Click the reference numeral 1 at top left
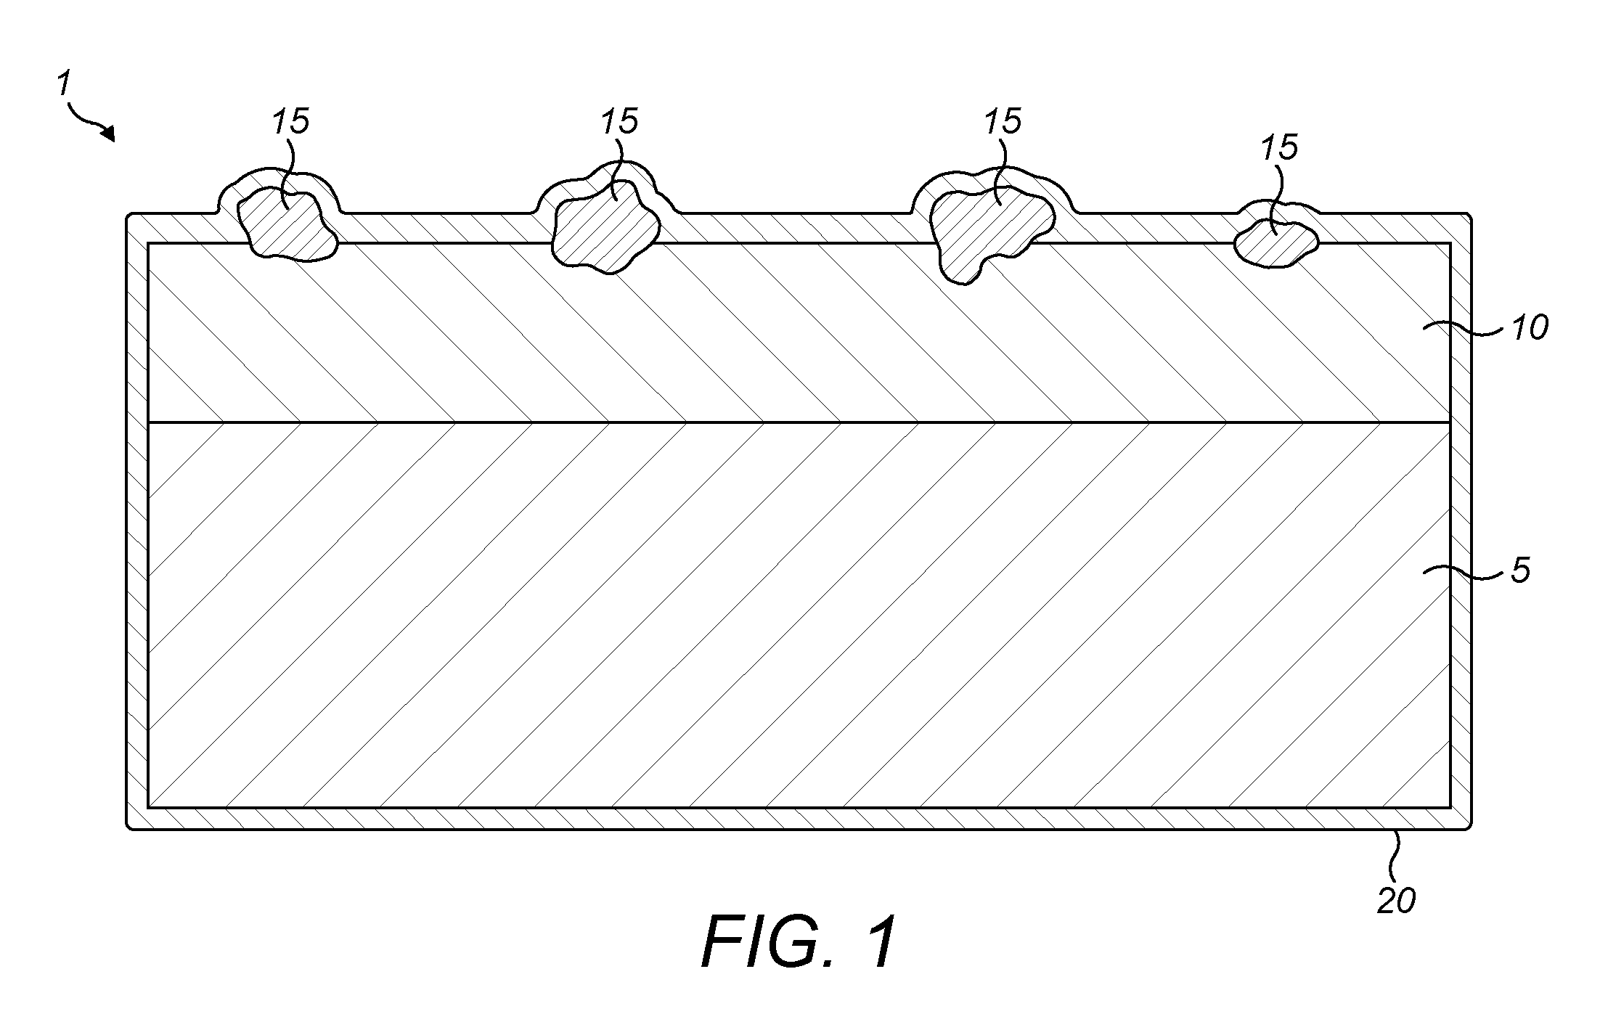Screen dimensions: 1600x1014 64,84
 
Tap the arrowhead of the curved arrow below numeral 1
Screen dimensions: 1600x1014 109,134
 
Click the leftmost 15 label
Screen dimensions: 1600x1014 290,121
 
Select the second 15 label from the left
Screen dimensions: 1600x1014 619,121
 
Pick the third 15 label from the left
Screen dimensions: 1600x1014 1003,121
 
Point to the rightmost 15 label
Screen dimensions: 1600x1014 1279,148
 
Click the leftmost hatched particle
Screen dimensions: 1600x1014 288,224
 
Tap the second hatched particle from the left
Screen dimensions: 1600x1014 606,226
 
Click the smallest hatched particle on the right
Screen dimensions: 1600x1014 1277,244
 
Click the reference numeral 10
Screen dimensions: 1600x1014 1530,329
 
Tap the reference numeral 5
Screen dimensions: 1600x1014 1521,571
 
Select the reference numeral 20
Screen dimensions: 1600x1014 1397,901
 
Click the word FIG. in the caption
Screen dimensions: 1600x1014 776,941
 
